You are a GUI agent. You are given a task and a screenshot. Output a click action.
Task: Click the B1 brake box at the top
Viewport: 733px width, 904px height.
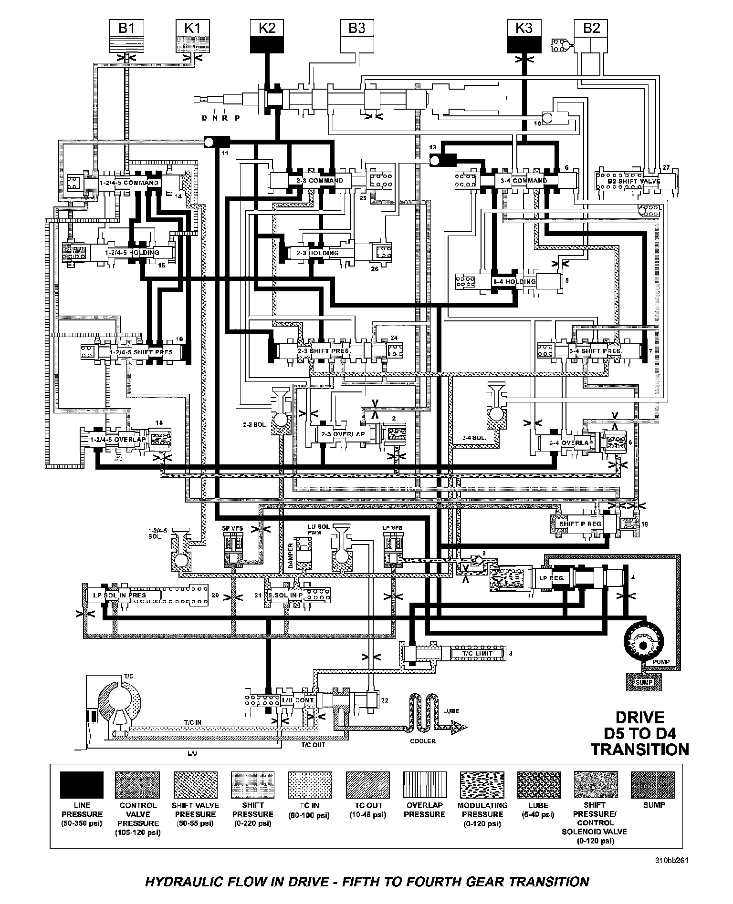126,35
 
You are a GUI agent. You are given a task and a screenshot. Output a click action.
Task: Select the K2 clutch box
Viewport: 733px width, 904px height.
267,35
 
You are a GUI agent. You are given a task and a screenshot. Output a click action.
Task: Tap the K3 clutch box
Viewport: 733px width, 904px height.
524,35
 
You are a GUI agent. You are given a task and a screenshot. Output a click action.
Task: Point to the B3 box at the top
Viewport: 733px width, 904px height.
357,35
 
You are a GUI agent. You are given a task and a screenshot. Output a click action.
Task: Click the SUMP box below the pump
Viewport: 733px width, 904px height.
644,682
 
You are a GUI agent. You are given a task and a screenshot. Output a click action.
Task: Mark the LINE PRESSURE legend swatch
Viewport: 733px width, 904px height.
82,785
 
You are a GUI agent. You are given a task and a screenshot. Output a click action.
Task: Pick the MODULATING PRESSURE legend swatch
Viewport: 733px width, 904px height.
482,785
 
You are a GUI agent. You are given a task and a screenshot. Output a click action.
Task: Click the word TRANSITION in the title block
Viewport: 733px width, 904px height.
640,749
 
